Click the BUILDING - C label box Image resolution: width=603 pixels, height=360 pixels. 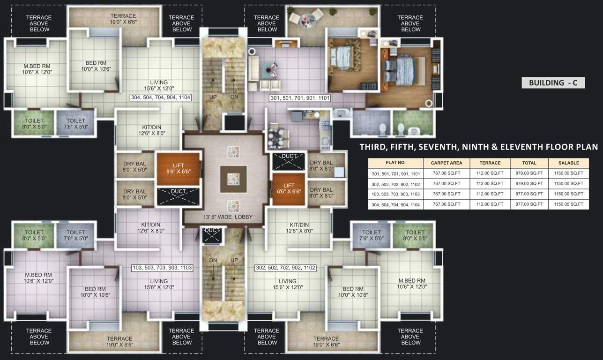pos(553,83)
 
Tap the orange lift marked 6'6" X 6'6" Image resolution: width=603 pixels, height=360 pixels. pos(289,189)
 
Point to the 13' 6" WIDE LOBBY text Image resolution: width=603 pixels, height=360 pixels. pos(228,217)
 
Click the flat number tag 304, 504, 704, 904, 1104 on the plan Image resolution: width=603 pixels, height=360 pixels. pos(161,97)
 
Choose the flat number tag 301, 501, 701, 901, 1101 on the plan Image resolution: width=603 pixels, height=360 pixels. pos(300,98)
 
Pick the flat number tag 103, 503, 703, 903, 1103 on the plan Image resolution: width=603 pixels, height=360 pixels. pos(162,268)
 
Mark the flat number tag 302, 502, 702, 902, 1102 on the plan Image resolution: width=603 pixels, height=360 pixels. pos(285,268)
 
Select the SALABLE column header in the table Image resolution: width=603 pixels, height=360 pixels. pos(568,163)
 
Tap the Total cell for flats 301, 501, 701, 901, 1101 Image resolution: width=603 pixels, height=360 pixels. pos(529,173)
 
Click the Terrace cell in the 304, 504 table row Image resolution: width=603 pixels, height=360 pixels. pos(490,204)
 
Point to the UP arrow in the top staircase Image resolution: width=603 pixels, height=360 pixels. pos(213,87)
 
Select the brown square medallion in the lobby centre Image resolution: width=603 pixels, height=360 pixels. pos(233,178)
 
